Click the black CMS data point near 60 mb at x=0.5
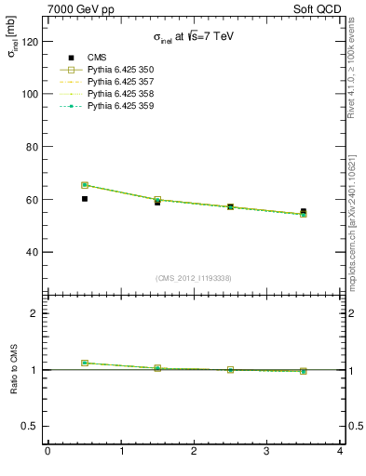tap(85, 199)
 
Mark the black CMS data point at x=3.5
tap(304, 212)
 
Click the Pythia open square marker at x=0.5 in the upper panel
tap(85, 185)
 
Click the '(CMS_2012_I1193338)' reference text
tap(194, 278)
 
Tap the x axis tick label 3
tap(266, 452)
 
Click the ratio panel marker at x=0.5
tap(85, 363)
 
